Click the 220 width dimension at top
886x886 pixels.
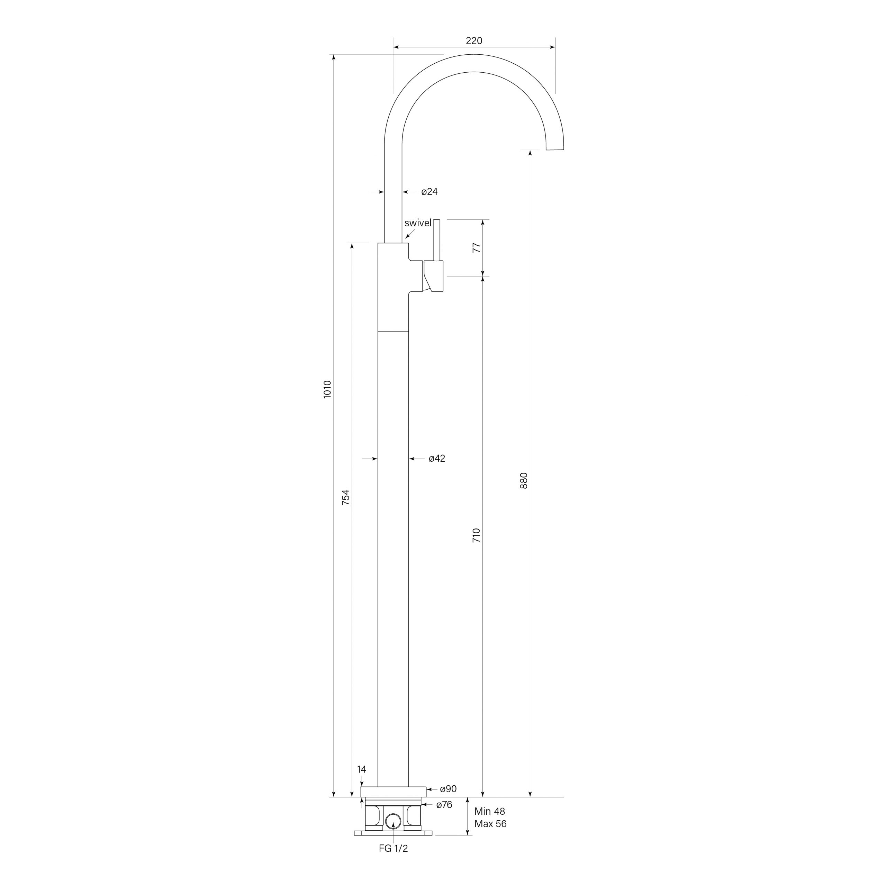click(474, 41)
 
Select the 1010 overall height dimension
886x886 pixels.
click(327, 389)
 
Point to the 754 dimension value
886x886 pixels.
click(346, 498)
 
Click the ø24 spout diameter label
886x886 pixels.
click(429, 192)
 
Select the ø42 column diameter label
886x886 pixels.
click(436, 459)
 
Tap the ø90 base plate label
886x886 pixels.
click(448, 789)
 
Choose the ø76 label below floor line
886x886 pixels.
click(444, 804)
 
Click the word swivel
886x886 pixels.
click(418, 223)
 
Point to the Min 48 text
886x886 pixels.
click(490, 811)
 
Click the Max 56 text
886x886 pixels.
click(490, 824)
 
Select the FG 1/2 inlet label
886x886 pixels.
click(393, 848)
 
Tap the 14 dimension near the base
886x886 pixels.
click(361, 769)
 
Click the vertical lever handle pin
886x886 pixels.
click(436, 240)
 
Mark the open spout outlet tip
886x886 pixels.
click(555, 150)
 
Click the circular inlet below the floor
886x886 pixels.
click(393, 821)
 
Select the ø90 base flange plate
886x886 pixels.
click(393, 792)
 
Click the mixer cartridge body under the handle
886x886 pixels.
click(434, 275)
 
